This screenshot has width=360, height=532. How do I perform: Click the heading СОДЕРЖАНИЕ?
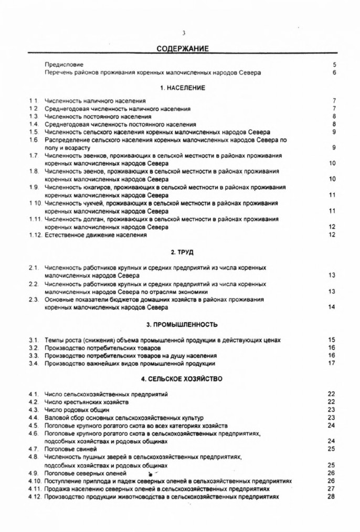click(183, 49)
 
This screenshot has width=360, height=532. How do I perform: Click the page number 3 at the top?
click(184, 33)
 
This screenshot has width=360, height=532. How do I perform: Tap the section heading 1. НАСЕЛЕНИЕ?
click(183, 88)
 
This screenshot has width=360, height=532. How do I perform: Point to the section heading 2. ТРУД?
click(183, 253)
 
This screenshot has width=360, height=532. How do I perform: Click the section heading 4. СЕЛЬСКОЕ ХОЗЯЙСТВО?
click(183, 378)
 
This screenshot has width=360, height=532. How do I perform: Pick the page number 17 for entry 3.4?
click(331, 363)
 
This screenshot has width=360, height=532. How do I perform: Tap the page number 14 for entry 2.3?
click(331, 307)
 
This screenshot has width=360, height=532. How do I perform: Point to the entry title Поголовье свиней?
click(71, 449)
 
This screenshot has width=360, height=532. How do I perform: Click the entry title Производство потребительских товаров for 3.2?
click(102, 348)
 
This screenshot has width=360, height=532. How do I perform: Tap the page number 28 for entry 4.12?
click(331, 496)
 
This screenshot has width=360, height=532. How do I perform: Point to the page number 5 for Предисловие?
click(334, 65)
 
